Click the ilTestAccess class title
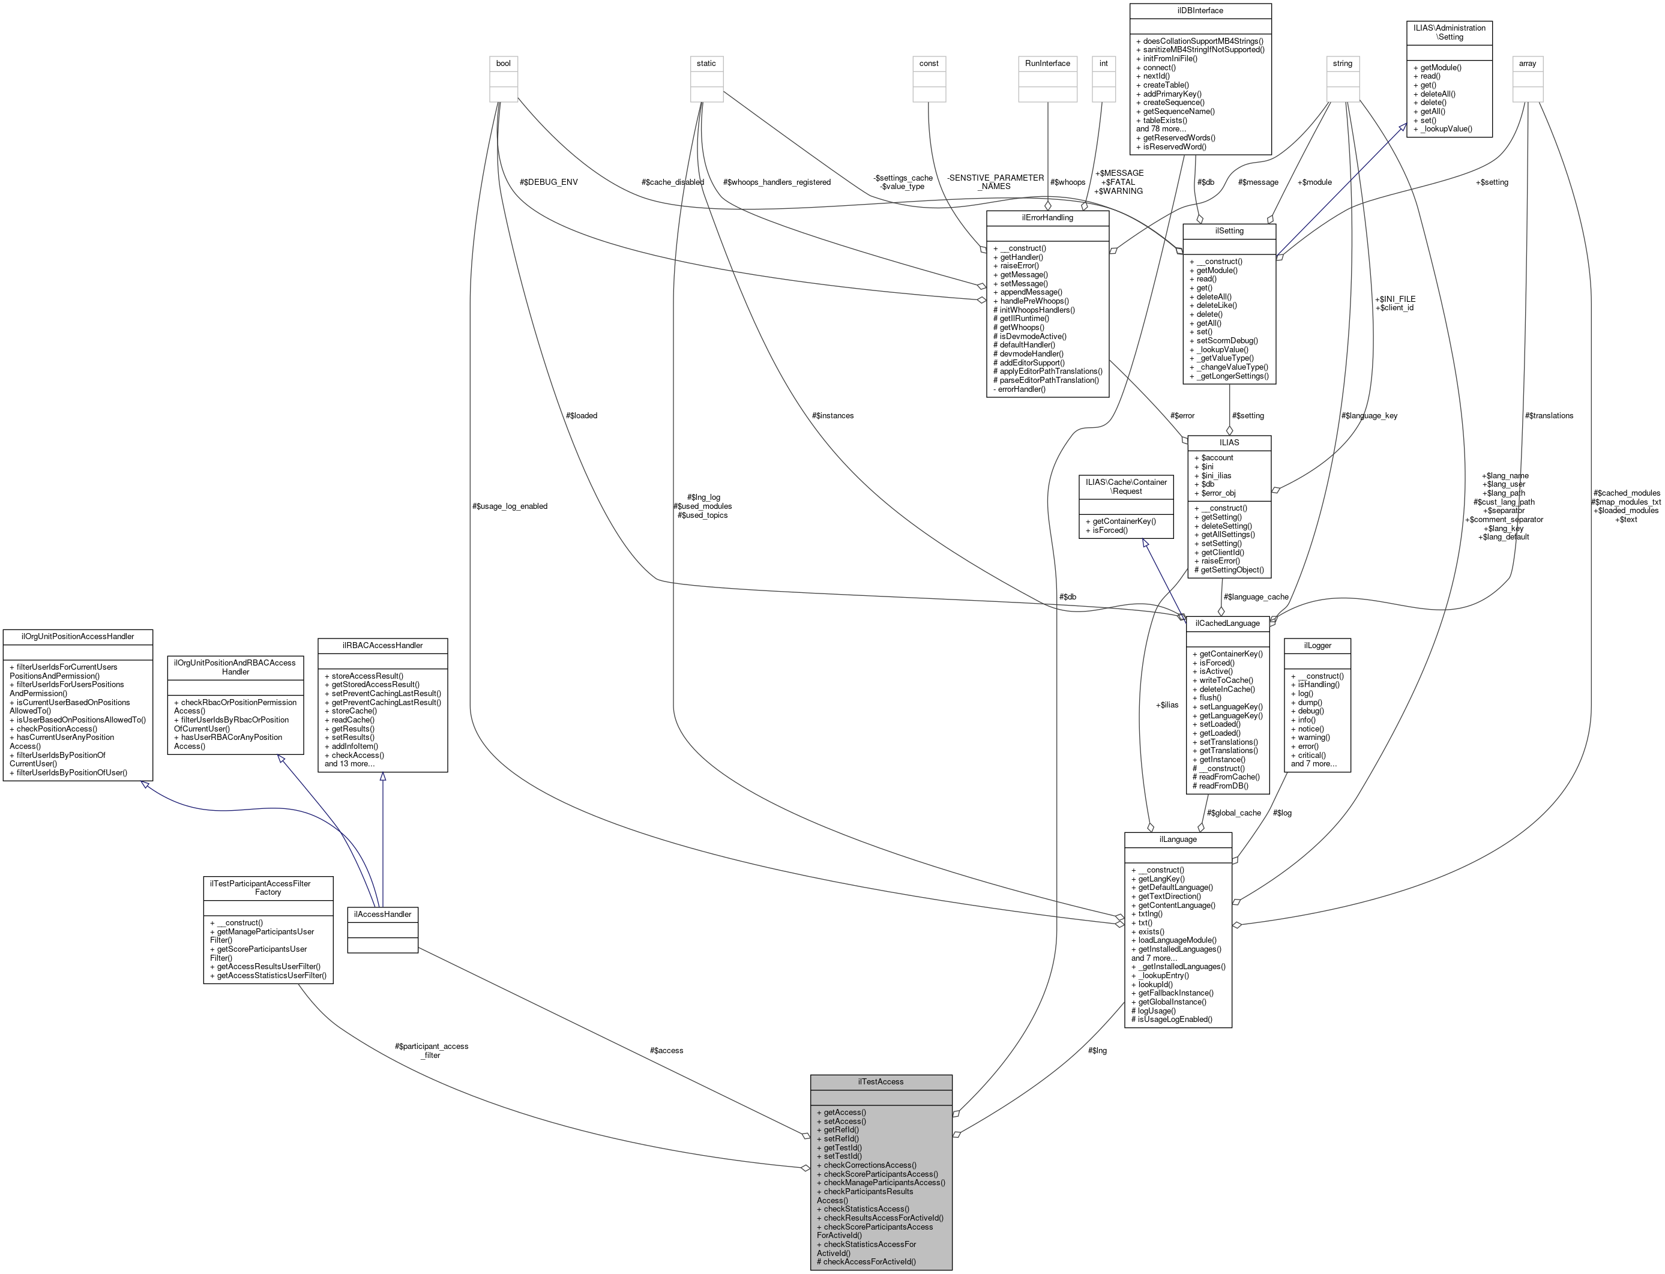tap(880, 1081)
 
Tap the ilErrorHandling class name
tap(1047, 218)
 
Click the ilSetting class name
tap(1229, 230)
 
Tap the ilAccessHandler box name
tap(382, 915)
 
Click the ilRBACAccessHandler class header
tap(382, 645)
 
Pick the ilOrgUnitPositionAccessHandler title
tap(78, 636)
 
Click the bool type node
tap(503, 63)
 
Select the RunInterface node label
tap(1047, 63)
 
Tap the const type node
tap(929, 63)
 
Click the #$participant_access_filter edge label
tap(431, 1050)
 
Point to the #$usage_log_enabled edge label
tap(509, 506)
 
